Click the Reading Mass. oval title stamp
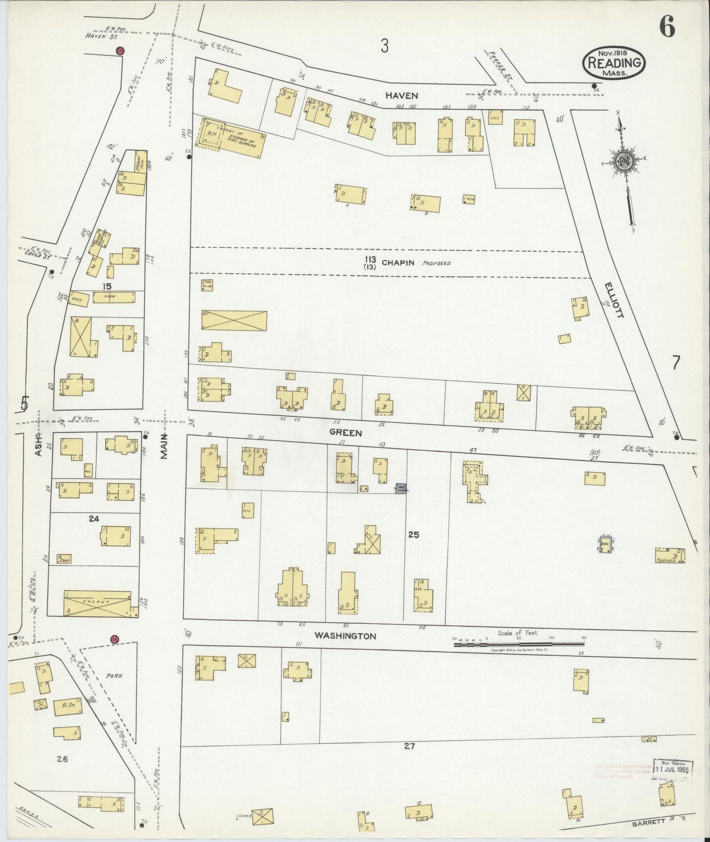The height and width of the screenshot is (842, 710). [614, 63]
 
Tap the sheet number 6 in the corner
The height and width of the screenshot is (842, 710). [667, 27]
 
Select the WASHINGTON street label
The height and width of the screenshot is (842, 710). [345, 636]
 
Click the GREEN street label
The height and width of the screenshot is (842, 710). [346, 433]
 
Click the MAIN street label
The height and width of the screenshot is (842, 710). [165, 446]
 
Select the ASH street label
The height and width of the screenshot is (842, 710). [38, 445]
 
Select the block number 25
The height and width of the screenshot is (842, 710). [413, 534]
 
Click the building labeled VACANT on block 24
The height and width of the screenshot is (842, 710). [97, 603]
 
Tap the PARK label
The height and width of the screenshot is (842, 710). [114, 675]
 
